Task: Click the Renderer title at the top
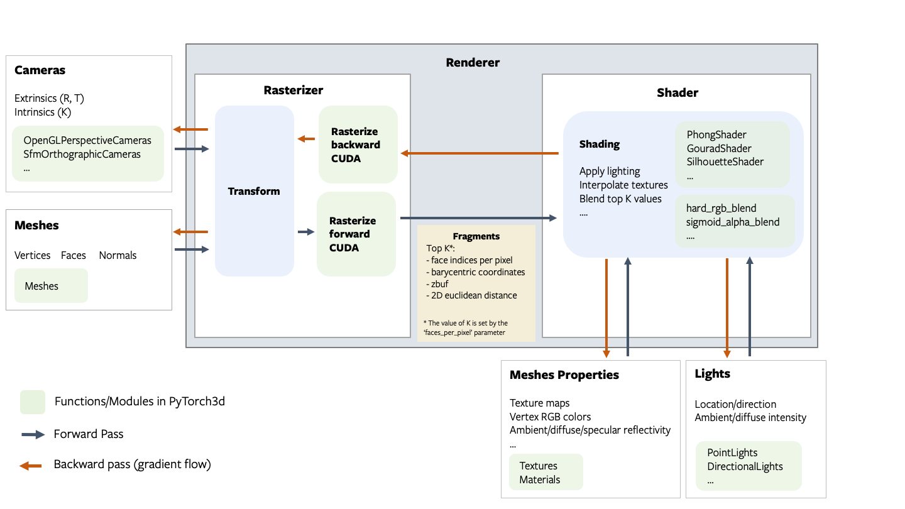pyautogui.click(x=473, y=62)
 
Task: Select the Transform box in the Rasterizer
pyautogui.click(x=254, y=191)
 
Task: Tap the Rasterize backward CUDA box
pyautogui.click(x=358, y=145)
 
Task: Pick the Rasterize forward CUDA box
pyautogui.click(x=356, y=234)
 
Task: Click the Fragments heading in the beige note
pyautogui.click(x=476, y=236)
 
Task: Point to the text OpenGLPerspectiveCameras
pyautogui.click(x=87, y=140)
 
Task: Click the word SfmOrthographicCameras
pyautogui.click(x=82, y=154)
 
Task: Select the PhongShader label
pyautogui.click(x=716, y=134)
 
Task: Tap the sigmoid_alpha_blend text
pyautogui.click(x=733, y=222)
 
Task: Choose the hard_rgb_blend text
pyautogui.click(x=721, y=208)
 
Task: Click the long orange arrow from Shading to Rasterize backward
pyautogui.click(x=480, y=153)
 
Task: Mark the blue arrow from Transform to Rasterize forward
pyautogui.click(x=306, y=232)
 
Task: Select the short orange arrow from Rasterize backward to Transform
pyautogui.click(x=306, y=139)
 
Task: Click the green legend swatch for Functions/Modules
pyautogui.click(x=33, y=402)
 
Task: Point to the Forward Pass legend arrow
pyautogui.click(x=32, y=434)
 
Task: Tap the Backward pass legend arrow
pyautogui.click(x=31, y=465)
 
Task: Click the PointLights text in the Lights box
pyautogui.click(x=732, y=452)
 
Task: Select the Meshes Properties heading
pyautogui.click(x=564, y=375)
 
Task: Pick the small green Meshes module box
pyautogui.click(x=51, y=286)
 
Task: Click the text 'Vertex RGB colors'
pyautogui.click(x=550, y=417)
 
